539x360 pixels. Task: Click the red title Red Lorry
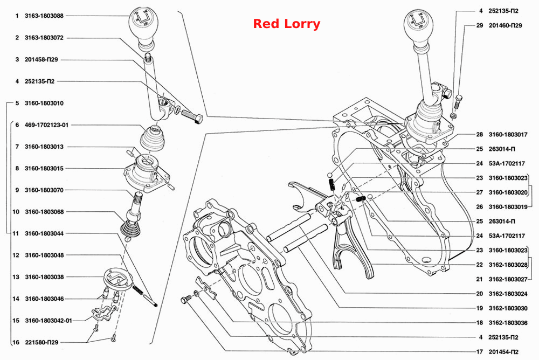(286, 24)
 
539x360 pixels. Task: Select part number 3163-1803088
(44, 16)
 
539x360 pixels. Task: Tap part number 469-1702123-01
(46, 125)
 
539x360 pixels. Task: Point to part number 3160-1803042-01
(48, 321)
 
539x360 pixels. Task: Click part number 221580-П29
(42, 342)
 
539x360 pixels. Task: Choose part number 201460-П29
(506, 25)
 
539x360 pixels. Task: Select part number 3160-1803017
(508, 134)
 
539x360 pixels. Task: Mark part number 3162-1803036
(508, 322)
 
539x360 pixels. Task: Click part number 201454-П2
(503, 352)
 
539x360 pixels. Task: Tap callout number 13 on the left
(16, 277)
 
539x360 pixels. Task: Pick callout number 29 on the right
(480, 25)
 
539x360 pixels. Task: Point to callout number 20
(480, 294)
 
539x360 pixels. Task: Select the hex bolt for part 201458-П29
(192, 116)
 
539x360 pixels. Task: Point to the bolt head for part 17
(184, 300)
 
